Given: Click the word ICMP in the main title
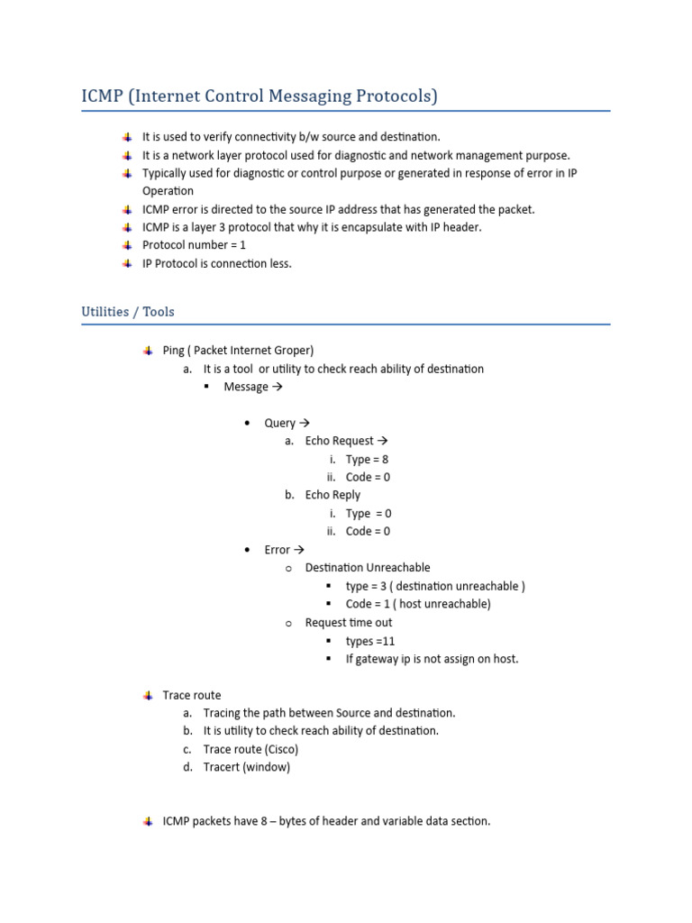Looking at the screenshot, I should coord(102,96).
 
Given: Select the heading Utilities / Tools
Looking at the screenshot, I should coord(128,312).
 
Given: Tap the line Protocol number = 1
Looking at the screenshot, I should coord(194,245).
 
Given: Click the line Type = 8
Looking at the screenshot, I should coord(367,459).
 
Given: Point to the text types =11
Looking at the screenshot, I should coord(370,641).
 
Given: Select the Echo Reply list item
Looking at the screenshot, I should coord(332,495).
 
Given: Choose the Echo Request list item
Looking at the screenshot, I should coord(339,441).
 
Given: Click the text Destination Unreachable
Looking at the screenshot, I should coord(368,568).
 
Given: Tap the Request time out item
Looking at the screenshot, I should coord(349,623).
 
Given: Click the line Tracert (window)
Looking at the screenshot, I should coord(246,768).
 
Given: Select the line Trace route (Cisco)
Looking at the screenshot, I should coord(250,750).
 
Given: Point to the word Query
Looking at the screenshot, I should coord(279,423).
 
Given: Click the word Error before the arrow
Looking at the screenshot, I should coord(277,550).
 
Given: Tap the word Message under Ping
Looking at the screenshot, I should coord(246,387).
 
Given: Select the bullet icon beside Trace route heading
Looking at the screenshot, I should coord(148,695).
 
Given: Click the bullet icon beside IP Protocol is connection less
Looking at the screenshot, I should coord(128,263).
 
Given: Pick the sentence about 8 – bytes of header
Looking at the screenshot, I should coord(326,822).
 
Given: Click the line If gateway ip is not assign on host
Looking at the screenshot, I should coord(432,659).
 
